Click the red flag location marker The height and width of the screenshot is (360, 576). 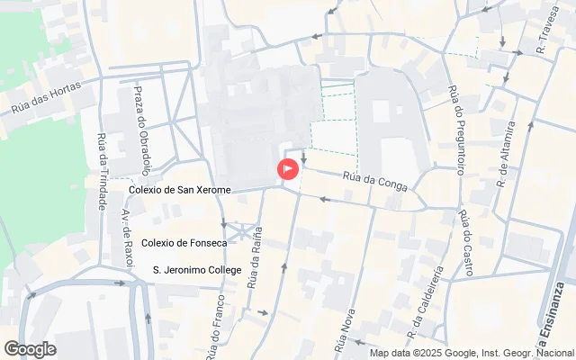287,168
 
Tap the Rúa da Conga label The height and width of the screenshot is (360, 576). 375,183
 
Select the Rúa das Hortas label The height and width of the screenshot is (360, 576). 46,97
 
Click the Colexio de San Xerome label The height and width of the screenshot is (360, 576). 180,190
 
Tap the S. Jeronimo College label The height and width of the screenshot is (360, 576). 197,269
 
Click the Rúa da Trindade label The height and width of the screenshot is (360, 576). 102,172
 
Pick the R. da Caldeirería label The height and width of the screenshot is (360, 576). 424,306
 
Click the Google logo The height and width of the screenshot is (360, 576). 30,349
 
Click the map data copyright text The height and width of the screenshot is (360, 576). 472,353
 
